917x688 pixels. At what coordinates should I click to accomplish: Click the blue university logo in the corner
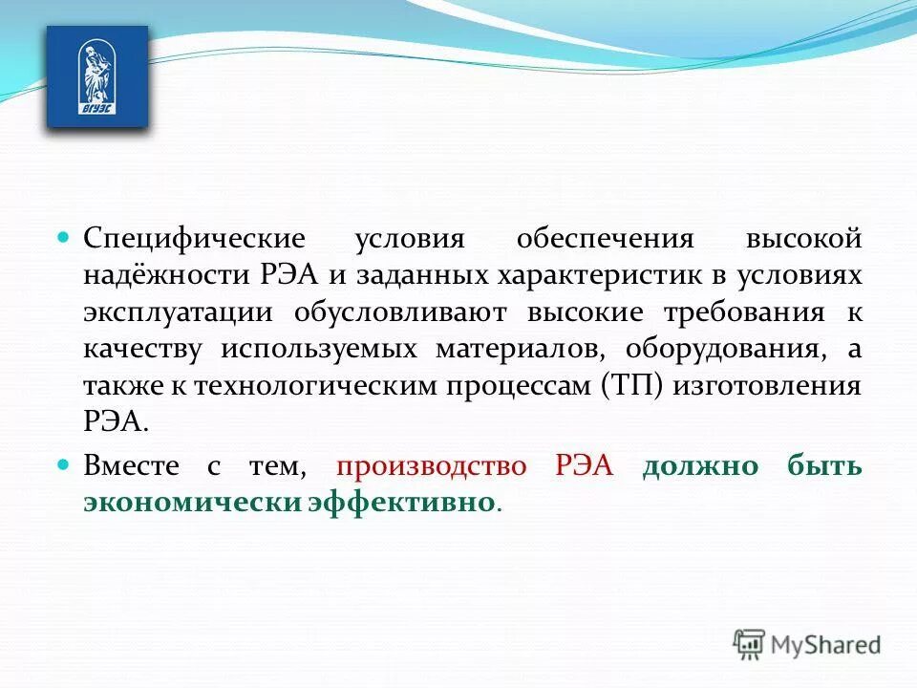(x=97, y=77)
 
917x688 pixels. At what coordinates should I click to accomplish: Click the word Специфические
(x=194, y=239)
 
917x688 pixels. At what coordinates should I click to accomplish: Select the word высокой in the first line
(x=805, y=239)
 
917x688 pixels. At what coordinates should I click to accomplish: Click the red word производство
(x=431, y=466)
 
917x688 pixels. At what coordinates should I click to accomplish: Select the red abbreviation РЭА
(x=584, y=466)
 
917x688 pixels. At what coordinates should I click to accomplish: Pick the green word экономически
(x=190, y=502)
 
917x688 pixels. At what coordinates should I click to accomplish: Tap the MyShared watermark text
(x=826, y=644)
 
